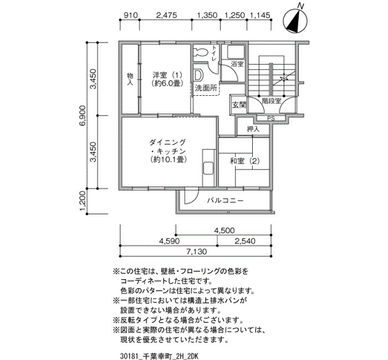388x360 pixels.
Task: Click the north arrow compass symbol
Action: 295,20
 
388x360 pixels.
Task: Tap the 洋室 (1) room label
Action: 167,79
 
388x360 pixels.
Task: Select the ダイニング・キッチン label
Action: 168,151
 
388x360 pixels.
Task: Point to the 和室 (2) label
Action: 244,162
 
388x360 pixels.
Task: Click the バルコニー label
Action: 225,200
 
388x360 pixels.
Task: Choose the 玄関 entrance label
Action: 239,105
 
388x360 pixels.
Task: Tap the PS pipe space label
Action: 271,119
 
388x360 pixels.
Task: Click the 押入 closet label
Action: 253,129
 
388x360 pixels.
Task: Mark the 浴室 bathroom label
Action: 237,64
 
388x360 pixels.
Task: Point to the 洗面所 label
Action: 206,88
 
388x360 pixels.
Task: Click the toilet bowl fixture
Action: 200,52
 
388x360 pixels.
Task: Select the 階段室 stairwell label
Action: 272,101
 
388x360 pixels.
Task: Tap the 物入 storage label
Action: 130,79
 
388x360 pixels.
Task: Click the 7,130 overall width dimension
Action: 196,252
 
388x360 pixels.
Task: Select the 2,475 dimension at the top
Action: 167,16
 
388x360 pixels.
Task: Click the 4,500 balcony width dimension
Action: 224,230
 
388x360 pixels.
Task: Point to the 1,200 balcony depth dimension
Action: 83,201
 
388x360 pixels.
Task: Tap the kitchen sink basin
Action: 208,169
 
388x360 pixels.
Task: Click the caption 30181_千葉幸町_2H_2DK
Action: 160,356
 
